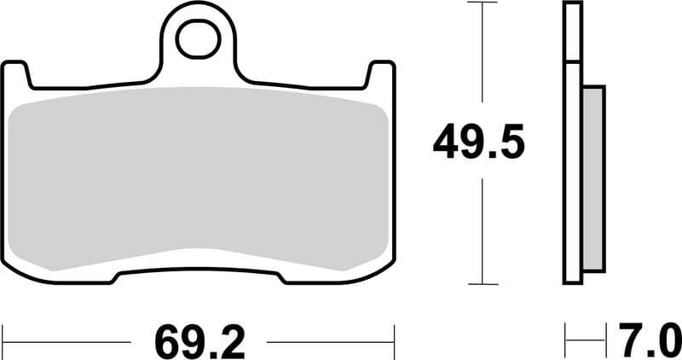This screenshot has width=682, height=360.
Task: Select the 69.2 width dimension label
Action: (x=199, y=341)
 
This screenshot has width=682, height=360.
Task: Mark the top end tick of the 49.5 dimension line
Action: (x=483, y=3)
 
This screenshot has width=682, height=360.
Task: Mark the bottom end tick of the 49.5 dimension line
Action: (x=483, y=284)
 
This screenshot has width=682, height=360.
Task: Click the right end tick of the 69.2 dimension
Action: (x=395, y=341)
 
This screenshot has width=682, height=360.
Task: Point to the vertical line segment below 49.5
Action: (x=483, y=230)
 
